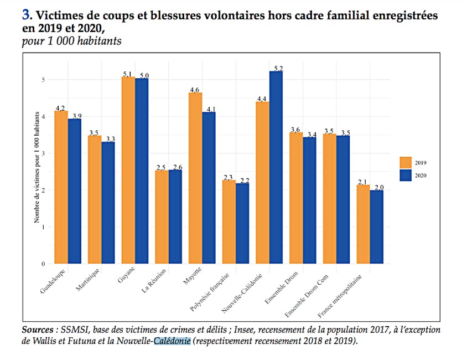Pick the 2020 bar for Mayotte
coord(209,188)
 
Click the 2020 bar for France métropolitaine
coord(377,227)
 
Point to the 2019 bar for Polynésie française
coord(229,222)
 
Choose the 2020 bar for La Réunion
coord(175,217)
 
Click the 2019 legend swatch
coord(407,162)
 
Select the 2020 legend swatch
coord(407,175)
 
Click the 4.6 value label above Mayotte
coord(195,90)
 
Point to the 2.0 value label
coord(378,188)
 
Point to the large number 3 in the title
coord(25,16)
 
